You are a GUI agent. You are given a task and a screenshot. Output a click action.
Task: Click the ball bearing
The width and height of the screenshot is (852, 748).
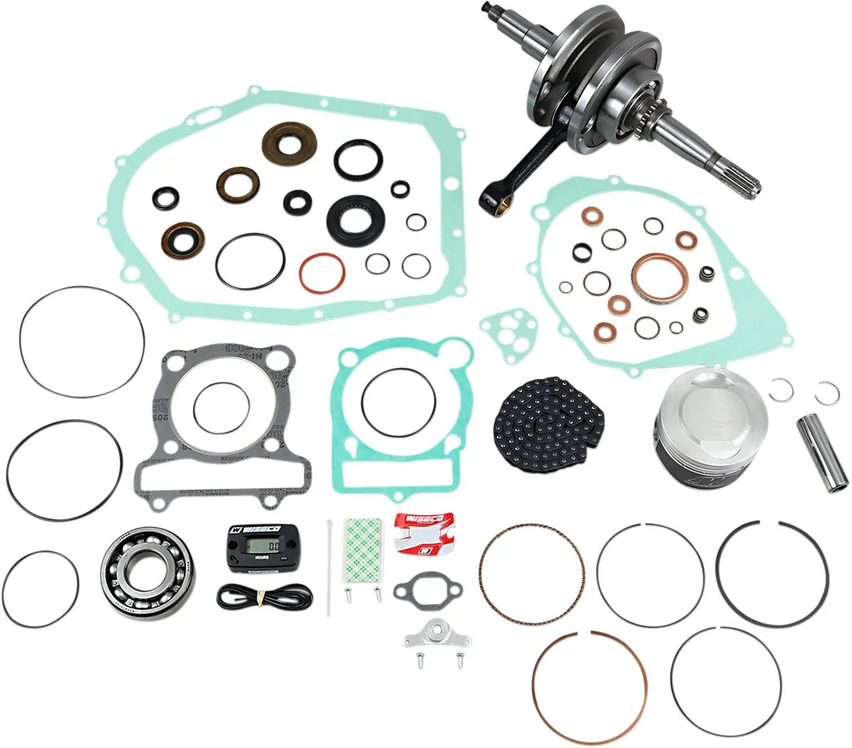(x=149, y=566)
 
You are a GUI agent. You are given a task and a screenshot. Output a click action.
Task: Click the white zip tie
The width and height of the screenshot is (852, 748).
(x=332, y=570)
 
